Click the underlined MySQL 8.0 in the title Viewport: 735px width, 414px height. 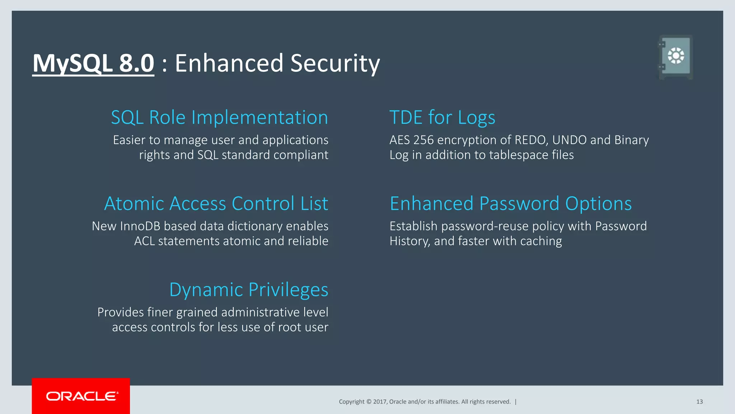93,63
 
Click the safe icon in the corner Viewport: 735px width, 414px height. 675,57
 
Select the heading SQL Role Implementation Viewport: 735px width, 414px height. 219,118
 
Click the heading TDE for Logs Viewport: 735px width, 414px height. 442,118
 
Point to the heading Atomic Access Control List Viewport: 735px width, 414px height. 216,203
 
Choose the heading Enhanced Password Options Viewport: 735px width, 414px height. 510,203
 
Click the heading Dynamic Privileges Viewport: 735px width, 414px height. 248,290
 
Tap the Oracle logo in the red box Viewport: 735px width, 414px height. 81,396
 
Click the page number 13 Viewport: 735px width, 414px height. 699,402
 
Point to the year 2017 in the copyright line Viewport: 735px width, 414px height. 379,402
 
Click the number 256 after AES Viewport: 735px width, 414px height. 423,140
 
